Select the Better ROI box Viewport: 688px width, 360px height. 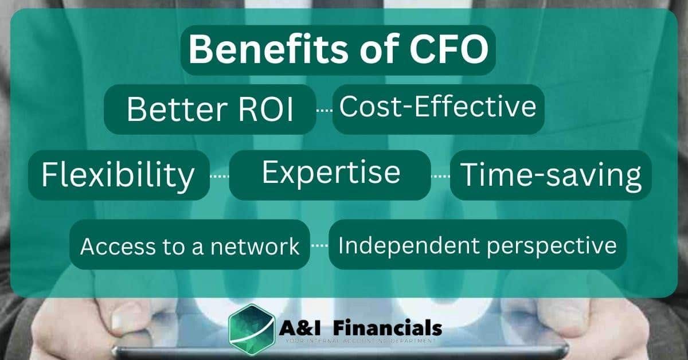pyautogui.click(x=210, y=109)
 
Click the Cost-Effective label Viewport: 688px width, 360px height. pyautogui.click(x=438, y=107)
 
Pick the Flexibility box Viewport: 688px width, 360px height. pyautogui.click(x=118, y=175)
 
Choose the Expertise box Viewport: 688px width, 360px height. pyautogui.click(x=330, y=173)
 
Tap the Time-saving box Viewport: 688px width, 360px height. pyautogui.click(x=551, y=175)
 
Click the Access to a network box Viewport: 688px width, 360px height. pyautogui.click(x=190, y=246)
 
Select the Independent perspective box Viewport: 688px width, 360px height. pyautogui.click(x=477, y=245)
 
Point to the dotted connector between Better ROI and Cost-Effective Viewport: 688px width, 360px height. pyautogui.click(x=325, y=109)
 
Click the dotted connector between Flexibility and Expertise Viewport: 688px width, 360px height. pyautogui.click(x=220, y=176)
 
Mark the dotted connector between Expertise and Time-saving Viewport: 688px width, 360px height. pyautogui.click(x=440, y=176)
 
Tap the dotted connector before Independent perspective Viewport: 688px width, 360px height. pyautogui.click(x=319, y=246)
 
